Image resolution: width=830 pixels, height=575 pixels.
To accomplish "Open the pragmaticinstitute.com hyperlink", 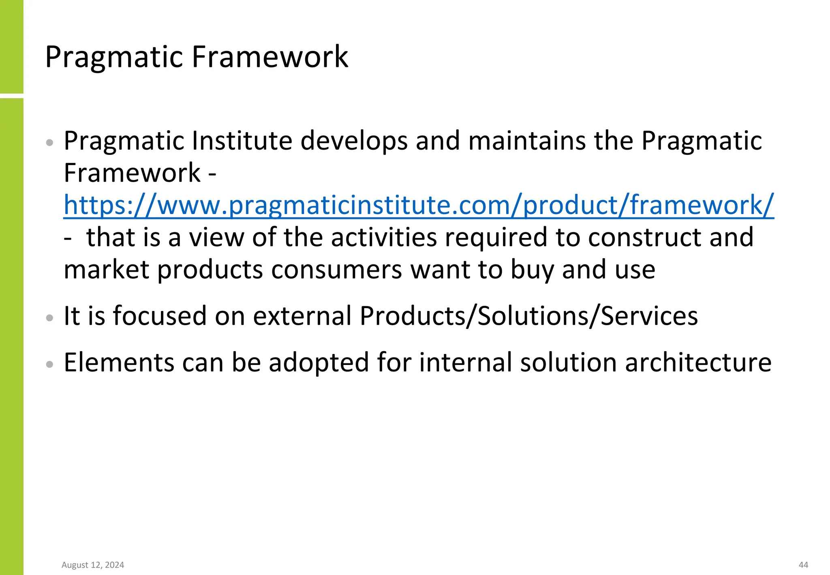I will click(419, 205).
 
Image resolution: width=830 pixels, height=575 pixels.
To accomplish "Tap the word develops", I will click(354, 141).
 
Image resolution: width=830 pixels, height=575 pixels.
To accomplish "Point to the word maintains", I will click(527, 141).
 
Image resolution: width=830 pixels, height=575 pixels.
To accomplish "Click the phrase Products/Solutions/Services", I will click(528, 316).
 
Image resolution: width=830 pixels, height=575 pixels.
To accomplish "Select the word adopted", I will click(319, 363).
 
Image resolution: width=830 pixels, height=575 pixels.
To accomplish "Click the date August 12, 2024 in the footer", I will click(93, 565).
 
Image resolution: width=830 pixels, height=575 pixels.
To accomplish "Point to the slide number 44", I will click(803, 565).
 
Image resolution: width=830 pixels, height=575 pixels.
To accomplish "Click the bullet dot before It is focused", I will click(50, 318).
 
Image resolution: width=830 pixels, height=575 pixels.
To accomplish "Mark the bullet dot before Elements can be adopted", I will click(50, 364).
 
